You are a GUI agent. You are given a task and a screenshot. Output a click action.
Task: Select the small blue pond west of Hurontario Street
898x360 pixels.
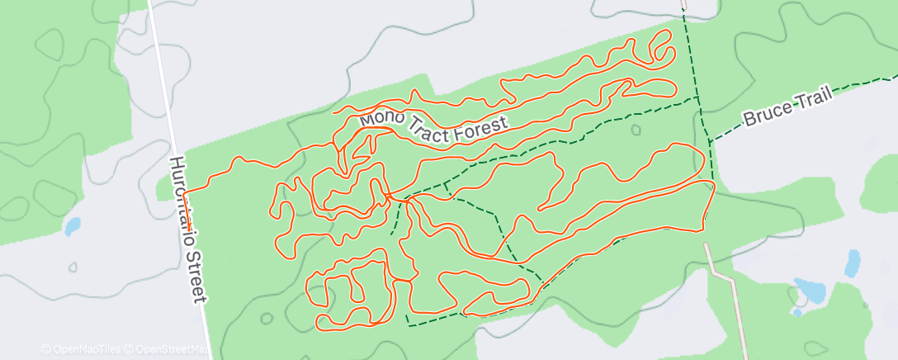pos(72,225)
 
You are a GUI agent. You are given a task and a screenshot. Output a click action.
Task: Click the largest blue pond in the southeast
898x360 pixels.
pos(809,291)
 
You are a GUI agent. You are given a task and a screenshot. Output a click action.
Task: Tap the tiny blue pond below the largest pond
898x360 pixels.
pos(796,312)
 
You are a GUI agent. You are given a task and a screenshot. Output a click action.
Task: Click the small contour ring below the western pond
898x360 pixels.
pos(73,268)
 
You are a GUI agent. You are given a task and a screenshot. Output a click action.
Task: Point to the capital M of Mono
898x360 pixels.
pos(366,118)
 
